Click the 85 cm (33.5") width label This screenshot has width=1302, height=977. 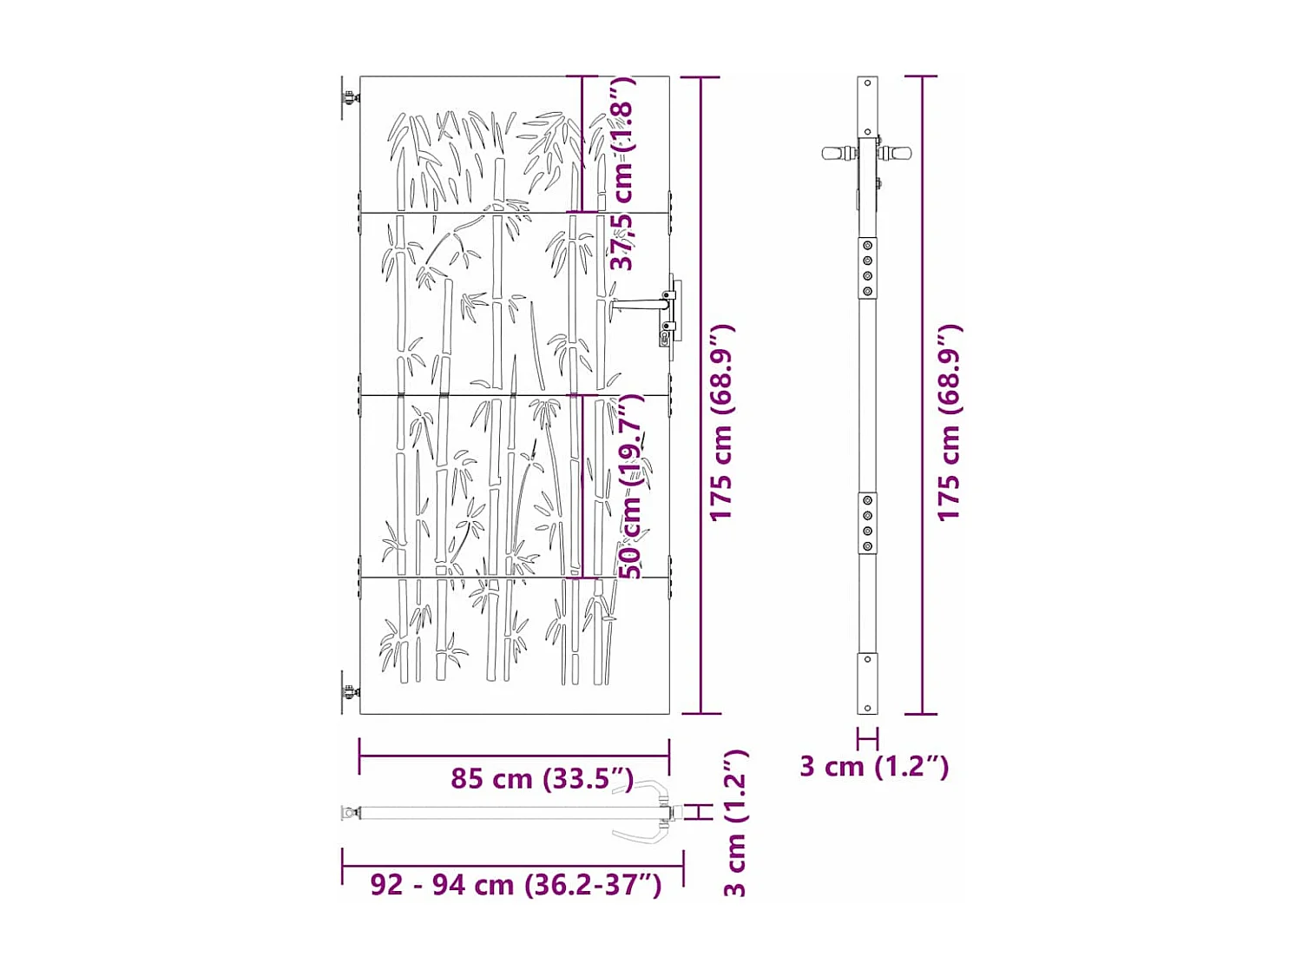(542, 778)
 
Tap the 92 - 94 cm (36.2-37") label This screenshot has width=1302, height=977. (516, 884)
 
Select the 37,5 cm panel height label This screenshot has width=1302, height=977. (622, 174)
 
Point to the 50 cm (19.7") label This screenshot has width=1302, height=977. (631, 486)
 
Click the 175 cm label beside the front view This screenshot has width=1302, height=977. (722, 423)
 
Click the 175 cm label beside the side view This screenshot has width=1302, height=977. (950, 423)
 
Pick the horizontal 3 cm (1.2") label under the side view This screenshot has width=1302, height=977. (873, 766)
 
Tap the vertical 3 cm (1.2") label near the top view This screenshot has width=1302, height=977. (734, 822)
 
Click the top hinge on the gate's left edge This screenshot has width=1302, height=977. (349, 97)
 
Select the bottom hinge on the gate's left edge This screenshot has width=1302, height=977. (349, 692)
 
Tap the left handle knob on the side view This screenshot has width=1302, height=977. (838, 154)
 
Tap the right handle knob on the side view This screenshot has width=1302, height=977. (897, 154)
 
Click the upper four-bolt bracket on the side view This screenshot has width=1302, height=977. (867, 268)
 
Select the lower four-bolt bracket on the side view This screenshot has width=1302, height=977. (867, 524)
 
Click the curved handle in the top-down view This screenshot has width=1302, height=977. (647, 813)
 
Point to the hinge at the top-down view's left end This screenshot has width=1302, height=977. (351, 813)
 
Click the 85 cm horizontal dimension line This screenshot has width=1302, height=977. (514, 756)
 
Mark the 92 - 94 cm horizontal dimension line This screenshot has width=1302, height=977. (513, 866)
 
